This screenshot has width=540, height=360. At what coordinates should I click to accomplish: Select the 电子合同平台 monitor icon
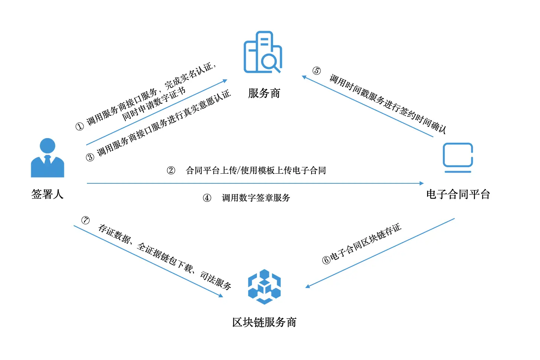point(458,157)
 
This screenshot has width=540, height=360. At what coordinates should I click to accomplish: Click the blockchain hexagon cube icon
point(264,287)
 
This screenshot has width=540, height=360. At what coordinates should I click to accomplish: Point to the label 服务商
point(264,93)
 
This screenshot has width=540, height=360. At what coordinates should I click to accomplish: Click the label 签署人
point(48,194)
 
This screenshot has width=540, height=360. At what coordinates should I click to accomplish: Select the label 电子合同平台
point(458,194)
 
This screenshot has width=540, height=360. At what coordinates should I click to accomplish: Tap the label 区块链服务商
point(264,322)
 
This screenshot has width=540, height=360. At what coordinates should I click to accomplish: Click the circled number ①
point(80,127)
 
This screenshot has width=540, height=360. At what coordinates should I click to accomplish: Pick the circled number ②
point(171,170)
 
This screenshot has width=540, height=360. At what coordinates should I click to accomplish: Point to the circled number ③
point(90,157)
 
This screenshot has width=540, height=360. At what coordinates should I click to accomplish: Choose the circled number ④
point(207,198)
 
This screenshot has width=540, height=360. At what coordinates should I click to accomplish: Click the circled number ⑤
point(316,71)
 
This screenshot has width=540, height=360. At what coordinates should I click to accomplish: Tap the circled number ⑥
point(326,260)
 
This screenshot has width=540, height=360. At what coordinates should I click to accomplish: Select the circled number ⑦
point(85,220)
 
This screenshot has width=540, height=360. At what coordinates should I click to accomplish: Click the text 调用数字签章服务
point(256,198)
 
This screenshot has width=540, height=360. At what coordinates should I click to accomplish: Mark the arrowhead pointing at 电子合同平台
point(421,183)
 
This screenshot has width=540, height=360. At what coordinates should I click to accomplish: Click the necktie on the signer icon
point(48,159)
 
